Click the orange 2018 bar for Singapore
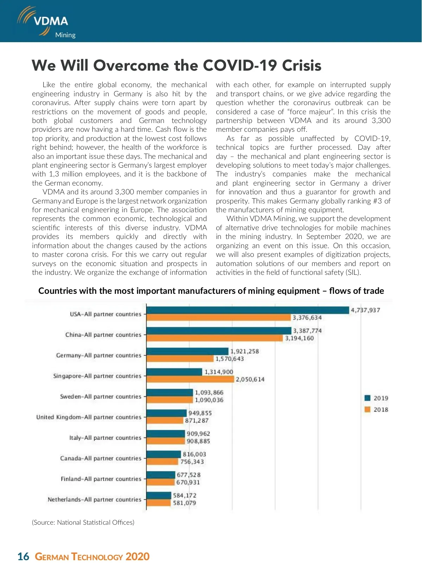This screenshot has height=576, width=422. [x=190, y=379]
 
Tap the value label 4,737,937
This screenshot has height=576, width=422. [x=365, y=310]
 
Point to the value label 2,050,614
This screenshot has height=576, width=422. [x=250, y=380]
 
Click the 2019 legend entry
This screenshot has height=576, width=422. [x=377, y=398]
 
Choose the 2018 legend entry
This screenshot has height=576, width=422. [x=377, y=410]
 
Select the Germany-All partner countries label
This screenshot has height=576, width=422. [x=98, y=356]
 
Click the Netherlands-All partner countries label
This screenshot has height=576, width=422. [x=94, y=500]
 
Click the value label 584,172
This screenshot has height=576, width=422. [x=185, y=496]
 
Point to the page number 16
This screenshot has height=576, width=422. [x=23, y=557]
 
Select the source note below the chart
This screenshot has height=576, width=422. [x=83, y=523]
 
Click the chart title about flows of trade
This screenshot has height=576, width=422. [x=211, y=291]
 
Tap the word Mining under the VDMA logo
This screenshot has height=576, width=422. [x=65, y=35]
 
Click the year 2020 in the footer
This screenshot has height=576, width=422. [x=138, y=557]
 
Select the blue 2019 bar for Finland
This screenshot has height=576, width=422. [x=161, y=475]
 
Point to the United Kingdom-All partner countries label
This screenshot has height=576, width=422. [x=89, y=418]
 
